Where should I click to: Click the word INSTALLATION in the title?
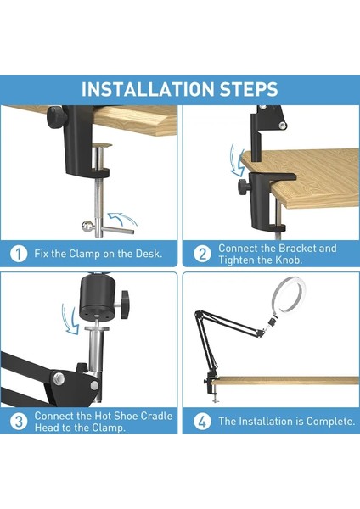148,89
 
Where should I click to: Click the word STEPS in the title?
249,89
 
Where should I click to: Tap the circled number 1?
19,254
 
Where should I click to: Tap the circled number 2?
202,254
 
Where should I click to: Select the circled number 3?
19,422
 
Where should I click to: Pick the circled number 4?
202,422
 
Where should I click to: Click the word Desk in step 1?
149,254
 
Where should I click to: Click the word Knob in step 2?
289,260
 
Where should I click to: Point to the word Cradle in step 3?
157,416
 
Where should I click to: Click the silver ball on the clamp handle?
87,226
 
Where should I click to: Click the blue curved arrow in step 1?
123,219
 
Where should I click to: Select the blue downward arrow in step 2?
237,160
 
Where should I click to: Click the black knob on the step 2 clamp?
244,187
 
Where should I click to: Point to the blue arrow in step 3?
70,319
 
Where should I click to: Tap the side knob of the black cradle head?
126,305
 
